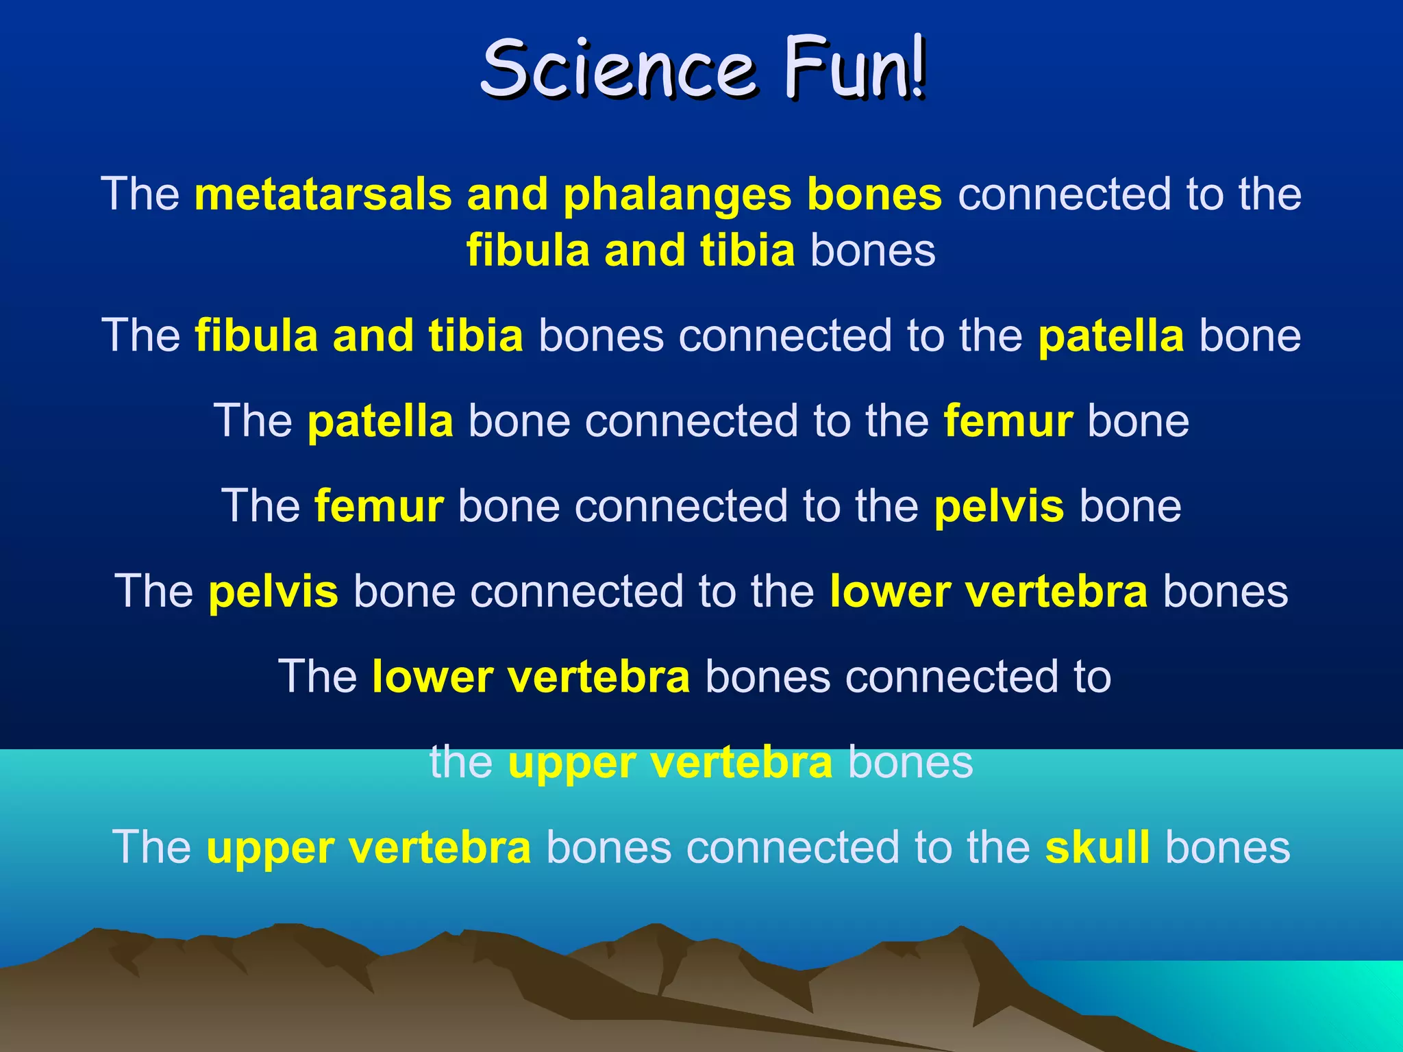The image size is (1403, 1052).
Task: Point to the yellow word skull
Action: pos(1097,847)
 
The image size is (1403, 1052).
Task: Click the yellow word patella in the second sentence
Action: pos(1111,336)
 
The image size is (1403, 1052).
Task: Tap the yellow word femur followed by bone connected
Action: pos(379,506)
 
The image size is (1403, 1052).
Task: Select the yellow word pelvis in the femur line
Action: pos(999,507)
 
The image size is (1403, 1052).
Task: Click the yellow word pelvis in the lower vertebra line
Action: pos(273,592)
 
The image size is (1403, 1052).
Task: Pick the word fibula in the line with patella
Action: pos(256,336)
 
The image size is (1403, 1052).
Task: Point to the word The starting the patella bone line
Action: pos(253,421)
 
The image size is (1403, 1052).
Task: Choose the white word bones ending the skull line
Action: pos(1227,847)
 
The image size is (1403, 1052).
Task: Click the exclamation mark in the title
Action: pos(918,68)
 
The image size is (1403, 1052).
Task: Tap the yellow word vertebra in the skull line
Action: pos(440,848)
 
